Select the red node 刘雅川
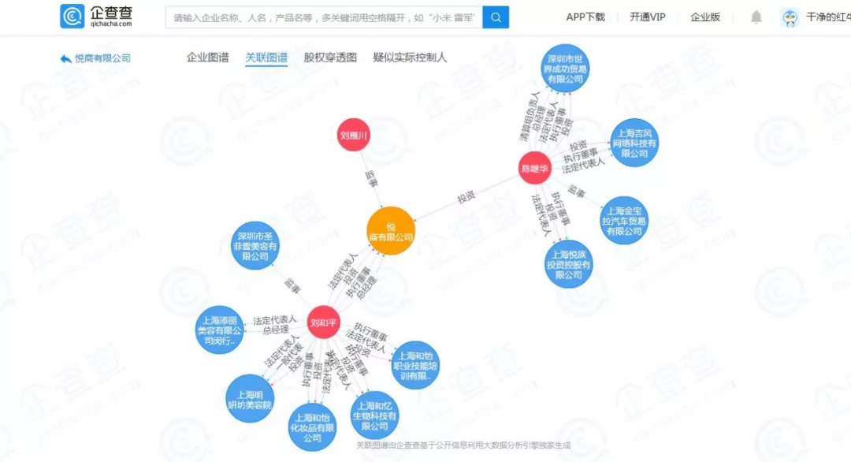[x=355, y=136]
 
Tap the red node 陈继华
[x=534, y=167]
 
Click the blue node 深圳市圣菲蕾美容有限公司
[x=259, y=246]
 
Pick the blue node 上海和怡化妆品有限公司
[x=313, y=427]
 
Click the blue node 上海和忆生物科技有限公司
[x=375, y=415]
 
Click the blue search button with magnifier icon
[x=496, y=17]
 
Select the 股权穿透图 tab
[x=330, y=58]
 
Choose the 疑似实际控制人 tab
[x=410, y=58]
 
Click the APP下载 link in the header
[x=585, y=17]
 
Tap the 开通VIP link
[x=647, y=17]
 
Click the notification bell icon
[x=756, y=17]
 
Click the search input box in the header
[x=323, y=17]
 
